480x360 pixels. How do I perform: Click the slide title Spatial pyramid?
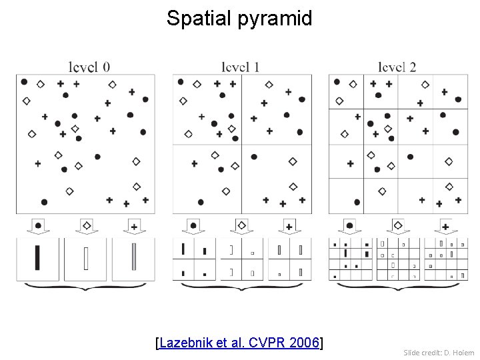click(239, 18)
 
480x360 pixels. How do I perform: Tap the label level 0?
click(89, 67)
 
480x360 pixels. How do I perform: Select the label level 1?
click(241, 67)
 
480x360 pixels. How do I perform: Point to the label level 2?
click(397, 67)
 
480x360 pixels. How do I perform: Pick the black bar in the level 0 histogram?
click(37, 258)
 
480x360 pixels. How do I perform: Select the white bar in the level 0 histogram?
click(86, 259)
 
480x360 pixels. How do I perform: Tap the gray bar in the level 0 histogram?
click(134, 258)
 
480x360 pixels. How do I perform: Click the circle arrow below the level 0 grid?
click(38, 226)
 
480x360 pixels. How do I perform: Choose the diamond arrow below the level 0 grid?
click(86, 226)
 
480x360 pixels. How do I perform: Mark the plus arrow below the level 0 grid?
click(134, 226)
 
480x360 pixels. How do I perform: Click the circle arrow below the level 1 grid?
click(194, 226)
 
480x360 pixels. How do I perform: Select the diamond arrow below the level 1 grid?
click(242, 226)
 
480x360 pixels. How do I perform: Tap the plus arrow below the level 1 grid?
click(289, 226)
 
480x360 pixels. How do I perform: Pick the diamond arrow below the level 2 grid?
click(399, 226)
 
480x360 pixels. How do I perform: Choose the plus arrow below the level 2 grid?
click(445, 226)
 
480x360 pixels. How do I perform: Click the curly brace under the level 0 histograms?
click(86, 287)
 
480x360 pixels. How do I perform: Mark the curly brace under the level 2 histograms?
click(399, 287)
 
